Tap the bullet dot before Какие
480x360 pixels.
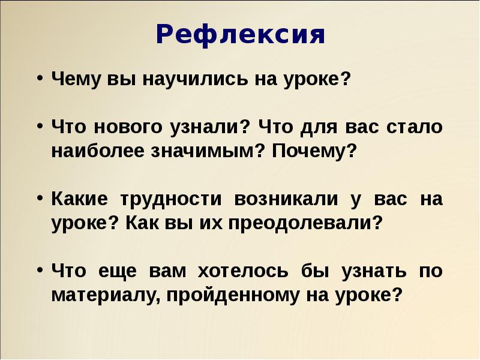(x=39, y=199)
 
